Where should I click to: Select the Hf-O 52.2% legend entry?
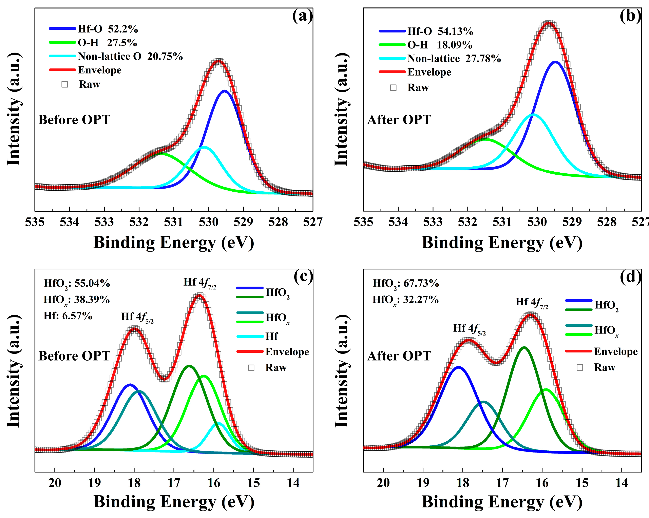(x=108, y=29)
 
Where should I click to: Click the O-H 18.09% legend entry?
(x=439, y=45)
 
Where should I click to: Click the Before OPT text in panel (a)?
(x=74, y=120)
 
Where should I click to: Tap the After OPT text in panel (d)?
(x=399, y=356)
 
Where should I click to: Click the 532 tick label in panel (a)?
(x=139, y=222)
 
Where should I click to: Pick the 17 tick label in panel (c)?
(x=174, y=483)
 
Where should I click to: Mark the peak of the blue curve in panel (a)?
(x=224, y=91)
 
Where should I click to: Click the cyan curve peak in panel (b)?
(x=534, y=115)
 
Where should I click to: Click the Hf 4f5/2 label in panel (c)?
(x=137, y=317)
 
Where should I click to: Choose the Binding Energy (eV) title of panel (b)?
(x=502, y=243)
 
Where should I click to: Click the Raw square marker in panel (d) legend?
(x=579, y=367)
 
